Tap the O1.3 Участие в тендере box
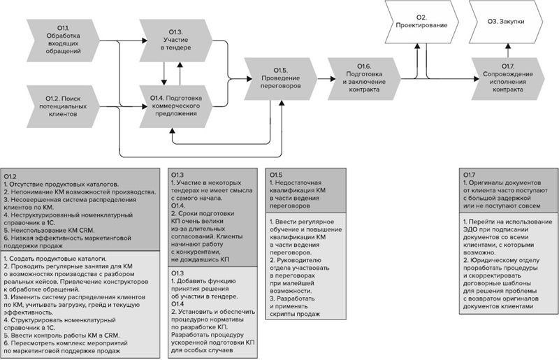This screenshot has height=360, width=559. (175, 39)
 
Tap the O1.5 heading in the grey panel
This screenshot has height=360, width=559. (276, 174)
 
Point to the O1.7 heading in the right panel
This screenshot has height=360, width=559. (470, 174)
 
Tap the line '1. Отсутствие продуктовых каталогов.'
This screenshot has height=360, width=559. (63, 182)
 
